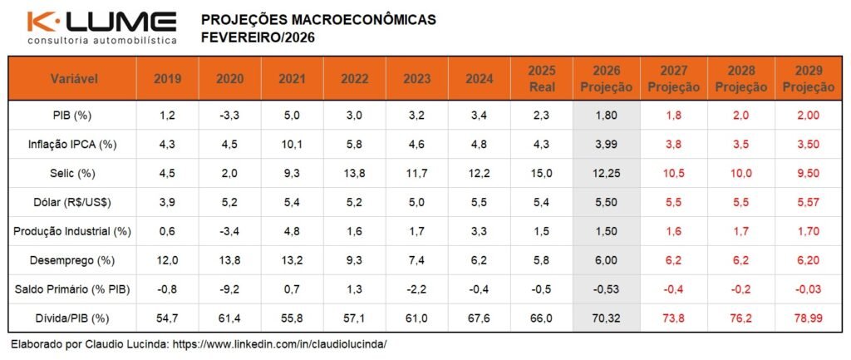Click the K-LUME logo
(x=101, y=22)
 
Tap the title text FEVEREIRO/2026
(x=258, y=37)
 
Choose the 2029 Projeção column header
(x=808, y=79)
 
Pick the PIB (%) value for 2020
(x=229, y=114)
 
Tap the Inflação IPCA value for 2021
(x=292, y=144)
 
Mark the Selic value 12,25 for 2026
(x=605, y=172)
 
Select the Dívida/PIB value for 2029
(x=808, y=318)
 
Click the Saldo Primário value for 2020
(x=229, y=289)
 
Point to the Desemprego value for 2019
(x=167, y=260)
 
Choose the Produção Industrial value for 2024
(x=480, y=231)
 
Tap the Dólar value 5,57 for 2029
(x=808, y=201)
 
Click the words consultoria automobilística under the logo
(x=101, y=40)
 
